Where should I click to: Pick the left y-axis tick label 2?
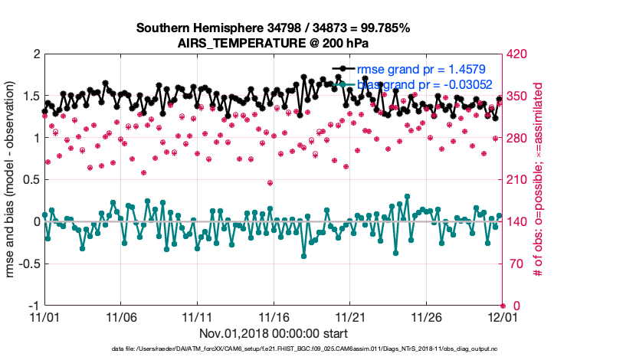[35, 54]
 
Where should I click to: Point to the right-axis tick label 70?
[516, 263]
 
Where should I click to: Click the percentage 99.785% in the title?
[383, 28]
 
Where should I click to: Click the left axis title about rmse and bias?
[11, 180]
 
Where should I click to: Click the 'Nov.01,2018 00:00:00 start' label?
[274, 333]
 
